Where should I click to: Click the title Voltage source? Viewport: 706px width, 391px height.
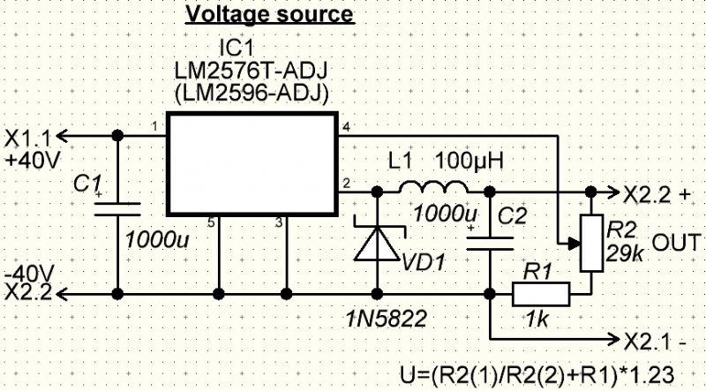tap(270, 14)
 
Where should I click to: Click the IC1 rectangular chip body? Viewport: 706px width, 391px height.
tap(252, 164)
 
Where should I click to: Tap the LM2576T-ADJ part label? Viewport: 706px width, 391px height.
tap(251, 71)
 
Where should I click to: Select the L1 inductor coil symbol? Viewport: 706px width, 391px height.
tap(433, 186)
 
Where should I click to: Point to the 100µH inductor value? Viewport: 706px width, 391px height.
tap(469, 162)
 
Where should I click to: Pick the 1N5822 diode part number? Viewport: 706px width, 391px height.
tap(386, 319)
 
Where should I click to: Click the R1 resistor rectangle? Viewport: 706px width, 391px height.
tap(541, 294)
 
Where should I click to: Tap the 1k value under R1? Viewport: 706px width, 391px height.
tap(537, 319)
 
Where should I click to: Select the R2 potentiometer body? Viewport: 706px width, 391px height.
tap(591, 244)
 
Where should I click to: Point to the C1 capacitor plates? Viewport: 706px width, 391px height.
tap(117, 209)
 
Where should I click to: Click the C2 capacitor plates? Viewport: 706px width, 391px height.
tap(490, 244)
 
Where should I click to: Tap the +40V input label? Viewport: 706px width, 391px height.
tap(32, 160)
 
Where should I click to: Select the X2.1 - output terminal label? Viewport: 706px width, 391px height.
tap(655, 342)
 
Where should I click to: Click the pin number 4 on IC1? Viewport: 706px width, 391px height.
tap(346, 127)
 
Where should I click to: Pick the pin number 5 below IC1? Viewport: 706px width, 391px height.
tap(211, 223)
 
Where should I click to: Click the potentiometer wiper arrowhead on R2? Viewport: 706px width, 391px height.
tap(574, 244)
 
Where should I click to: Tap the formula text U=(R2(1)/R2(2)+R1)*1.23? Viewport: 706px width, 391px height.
tap(537, 375)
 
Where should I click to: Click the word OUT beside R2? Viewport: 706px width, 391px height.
tap(676, 243)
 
